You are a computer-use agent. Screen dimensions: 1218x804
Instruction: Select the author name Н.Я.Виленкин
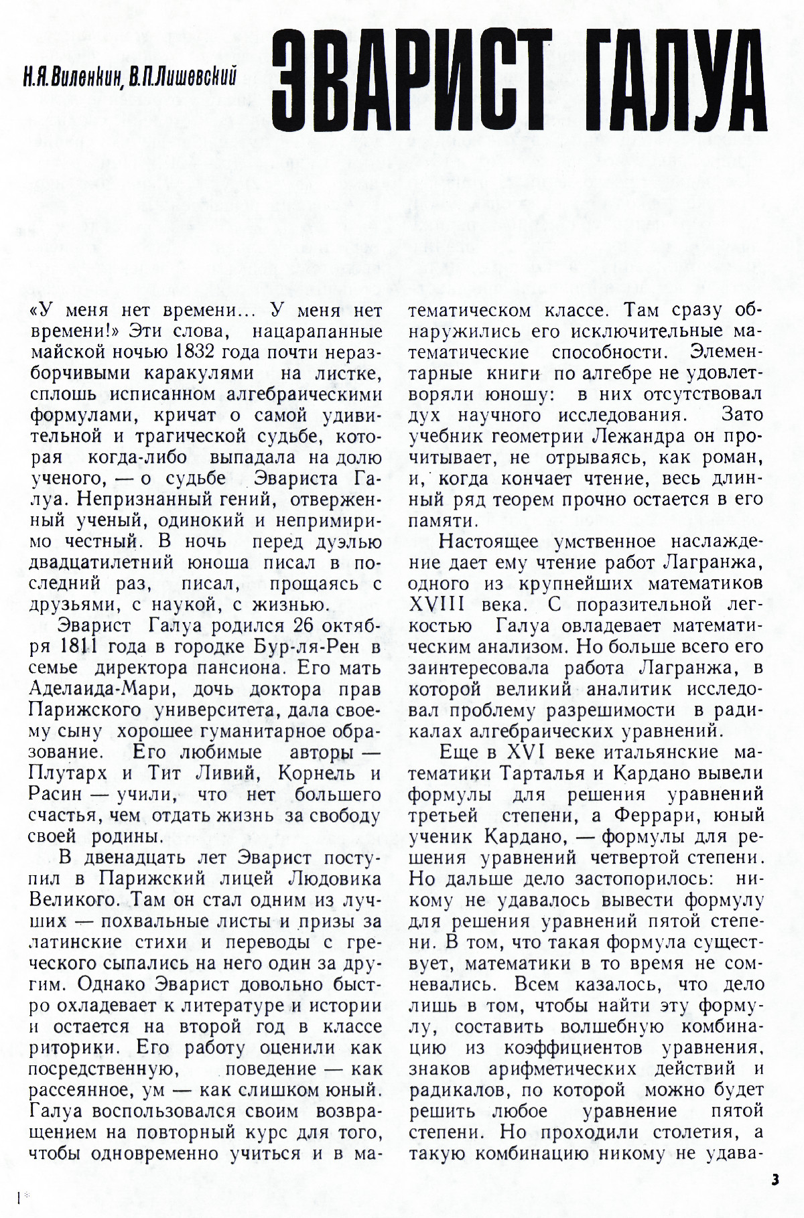point(71,78)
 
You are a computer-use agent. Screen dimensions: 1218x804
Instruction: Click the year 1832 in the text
point(198,352)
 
